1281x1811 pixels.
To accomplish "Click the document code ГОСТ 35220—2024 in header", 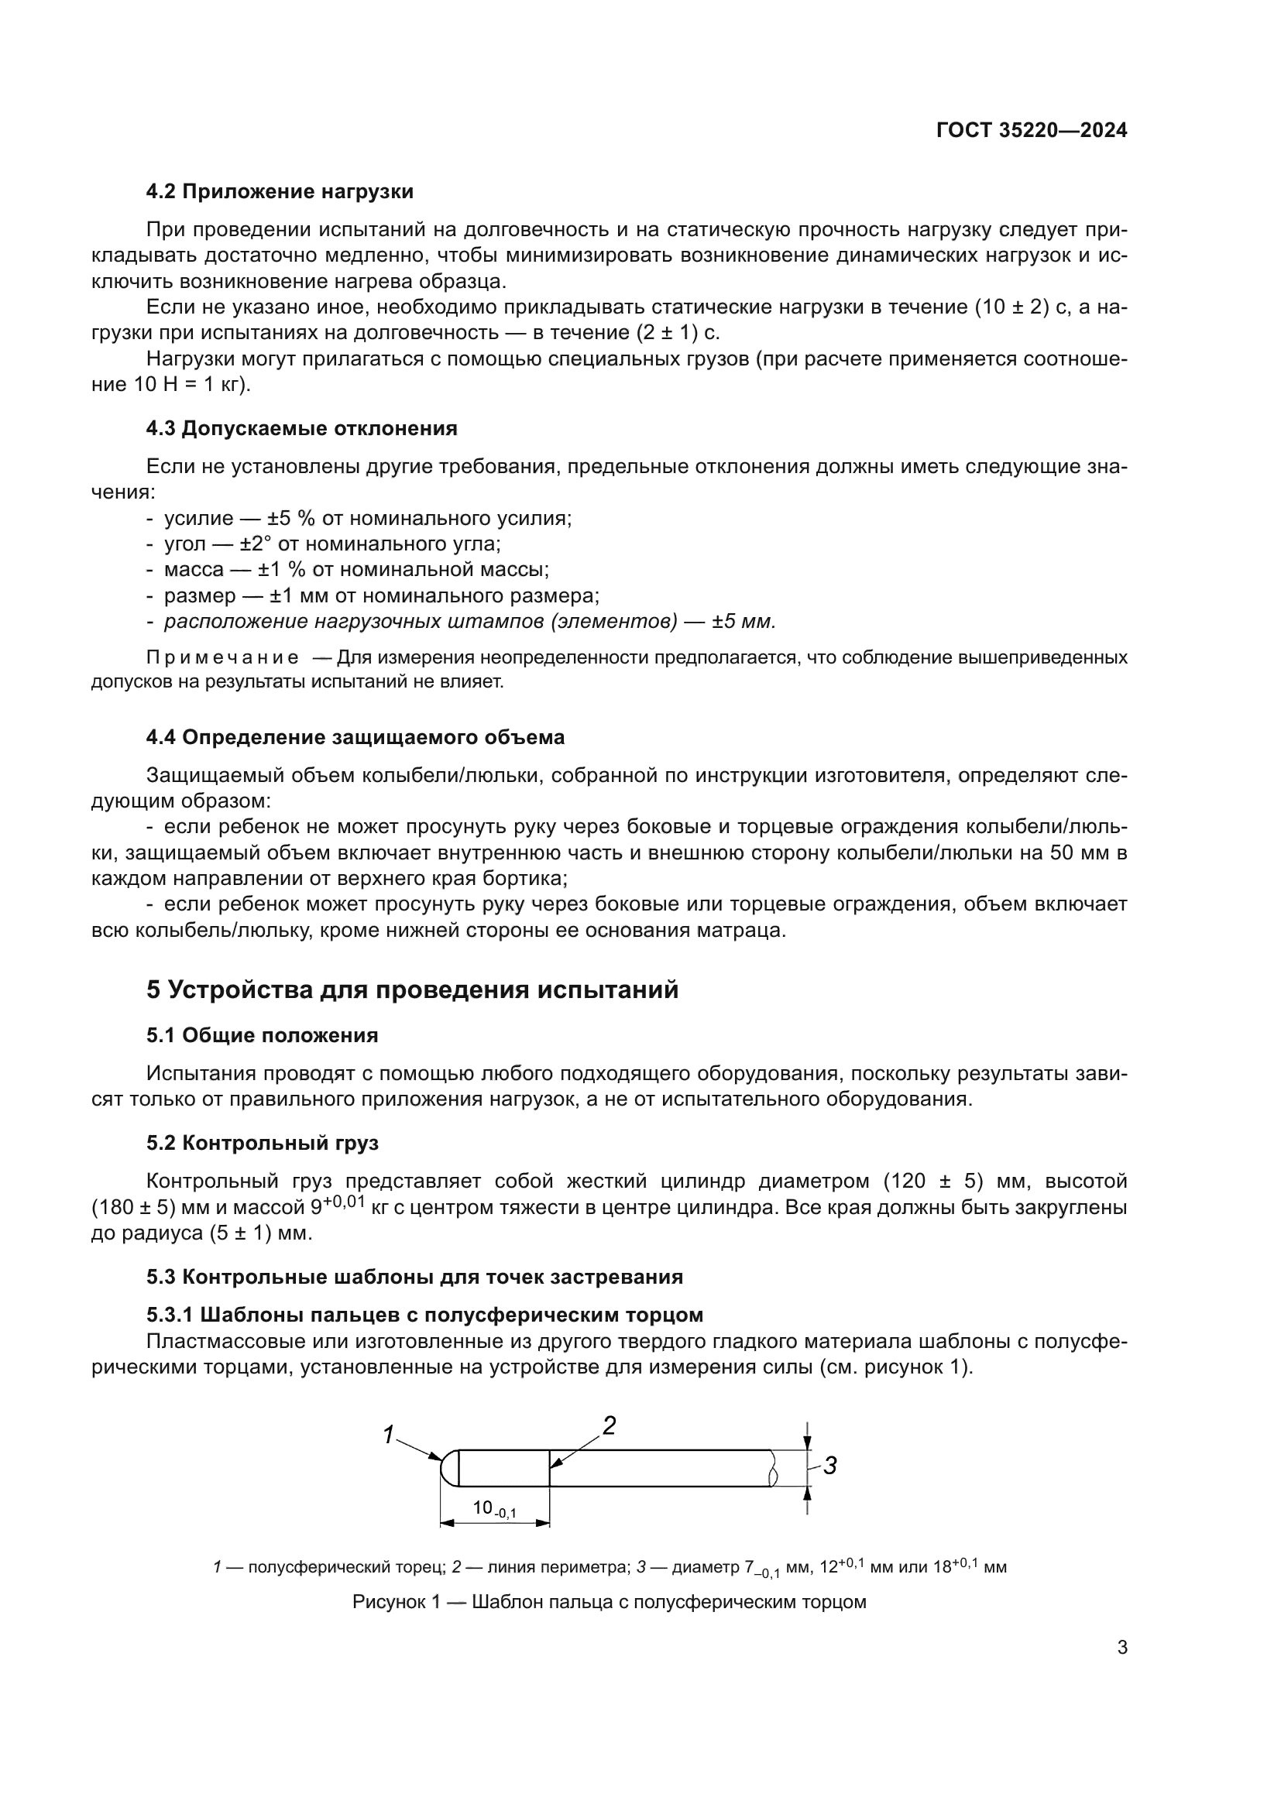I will [1031, 130].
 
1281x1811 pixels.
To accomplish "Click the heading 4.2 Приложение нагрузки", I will [280, 192].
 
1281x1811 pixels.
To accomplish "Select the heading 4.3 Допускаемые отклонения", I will [301, 428].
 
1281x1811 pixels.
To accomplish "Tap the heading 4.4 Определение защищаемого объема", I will [355, 738].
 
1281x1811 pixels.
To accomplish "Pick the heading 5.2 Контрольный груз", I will [262, 1142].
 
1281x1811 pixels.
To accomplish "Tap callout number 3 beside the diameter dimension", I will [829, 1466].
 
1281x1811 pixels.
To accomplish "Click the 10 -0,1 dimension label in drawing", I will [494, 1508].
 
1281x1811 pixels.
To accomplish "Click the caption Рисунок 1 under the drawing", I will [609, 1602].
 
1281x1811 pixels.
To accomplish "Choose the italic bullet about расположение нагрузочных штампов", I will [469, 622].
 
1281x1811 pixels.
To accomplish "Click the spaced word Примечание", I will [222, 657].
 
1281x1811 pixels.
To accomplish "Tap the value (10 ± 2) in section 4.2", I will [1022, 307].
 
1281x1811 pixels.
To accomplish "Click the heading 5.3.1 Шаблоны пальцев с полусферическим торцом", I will [424, 1315].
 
